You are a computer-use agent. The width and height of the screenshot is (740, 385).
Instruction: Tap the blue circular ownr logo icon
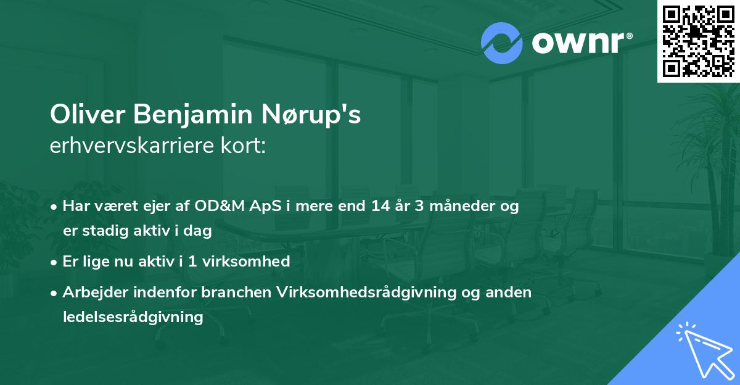tap(501, 43)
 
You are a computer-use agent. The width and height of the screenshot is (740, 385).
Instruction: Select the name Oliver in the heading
tap(81, 116)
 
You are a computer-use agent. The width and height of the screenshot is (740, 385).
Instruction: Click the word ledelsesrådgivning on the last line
tap(133, 317)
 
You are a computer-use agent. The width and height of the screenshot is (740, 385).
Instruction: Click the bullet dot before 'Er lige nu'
tap(55, 262)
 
